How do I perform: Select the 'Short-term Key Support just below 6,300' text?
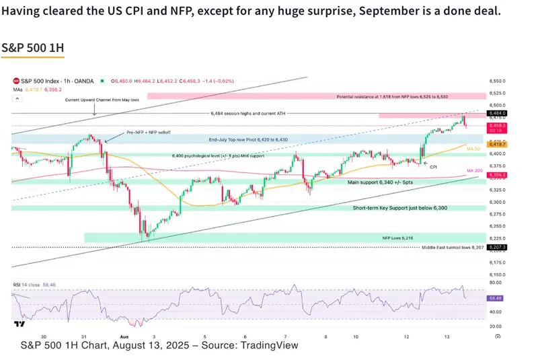(x=399, y=208)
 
